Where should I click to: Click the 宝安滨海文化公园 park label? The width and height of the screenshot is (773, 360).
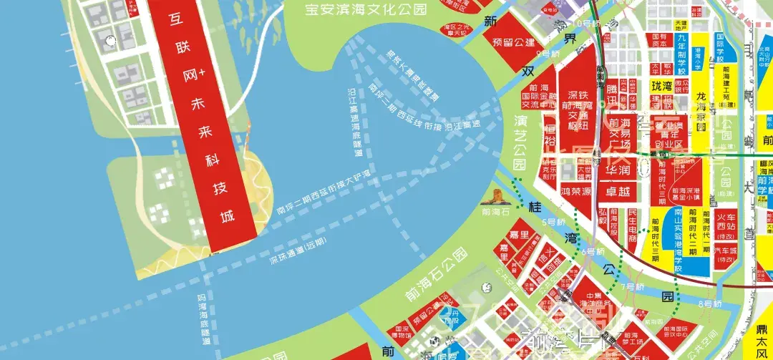coord(366,9)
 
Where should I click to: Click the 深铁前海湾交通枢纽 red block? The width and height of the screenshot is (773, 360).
coord(578,111)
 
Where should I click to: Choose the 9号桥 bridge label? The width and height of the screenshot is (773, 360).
coord(550,54)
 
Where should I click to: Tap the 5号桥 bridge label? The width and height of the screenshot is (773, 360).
coord(553,222)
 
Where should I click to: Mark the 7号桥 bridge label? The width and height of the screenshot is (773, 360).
coord(632,287)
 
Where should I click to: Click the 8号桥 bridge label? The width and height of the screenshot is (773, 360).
coord(710,304)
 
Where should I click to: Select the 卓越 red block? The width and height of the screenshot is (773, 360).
coord(618,192)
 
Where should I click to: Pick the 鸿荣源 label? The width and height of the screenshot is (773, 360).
coord(575,192)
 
